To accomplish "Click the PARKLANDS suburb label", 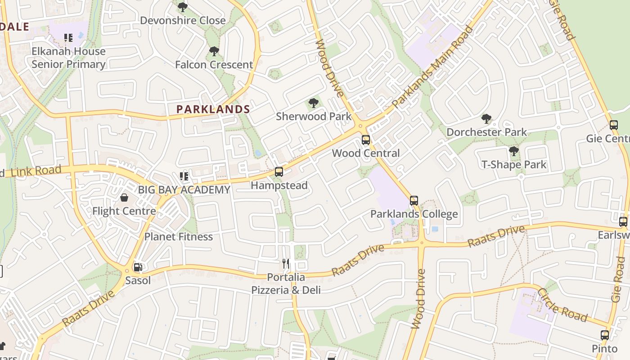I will point(213,109).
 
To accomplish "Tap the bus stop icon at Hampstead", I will point(279,172).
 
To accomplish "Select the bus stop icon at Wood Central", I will point(366,140).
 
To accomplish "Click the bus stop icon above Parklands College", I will point(414,201).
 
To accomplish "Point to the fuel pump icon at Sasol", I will point(138,267).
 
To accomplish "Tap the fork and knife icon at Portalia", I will point(286,264).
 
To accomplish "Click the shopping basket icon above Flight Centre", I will point(124,198).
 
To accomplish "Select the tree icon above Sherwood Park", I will point(314,103).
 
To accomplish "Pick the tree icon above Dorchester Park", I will point(486,119).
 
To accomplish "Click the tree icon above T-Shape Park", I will point(514,151).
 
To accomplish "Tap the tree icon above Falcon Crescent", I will point(214,51).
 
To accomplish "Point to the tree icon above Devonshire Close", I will point(183,7).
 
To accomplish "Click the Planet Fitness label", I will point(179,236).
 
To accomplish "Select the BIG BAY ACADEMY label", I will point(184,189).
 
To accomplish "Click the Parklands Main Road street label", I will point(432,68).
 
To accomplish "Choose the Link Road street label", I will point(36,171).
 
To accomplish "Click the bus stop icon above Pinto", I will point(605,335).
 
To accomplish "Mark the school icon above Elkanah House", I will point(68,38).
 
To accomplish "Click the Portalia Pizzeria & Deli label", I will point(286,283).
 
